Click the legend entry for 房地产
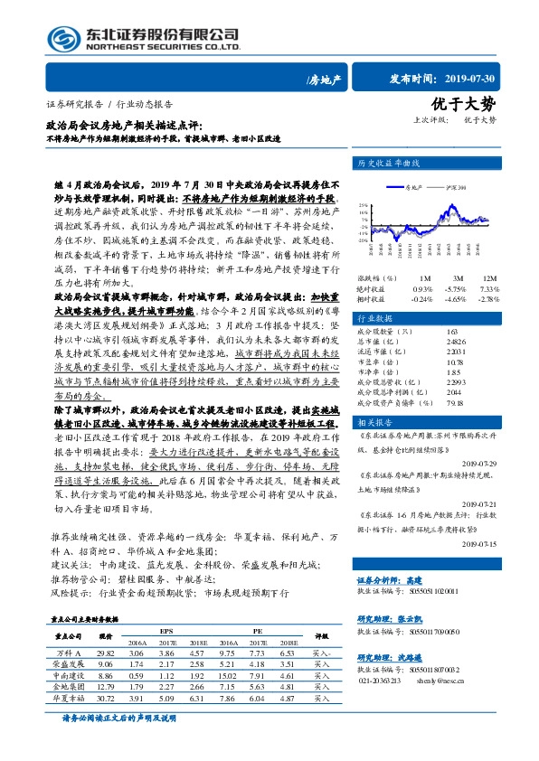tap(412, 187)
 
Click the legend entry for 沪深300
tap(455, 187)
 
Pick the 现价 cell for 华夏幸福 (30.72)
tap(107, 699)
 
